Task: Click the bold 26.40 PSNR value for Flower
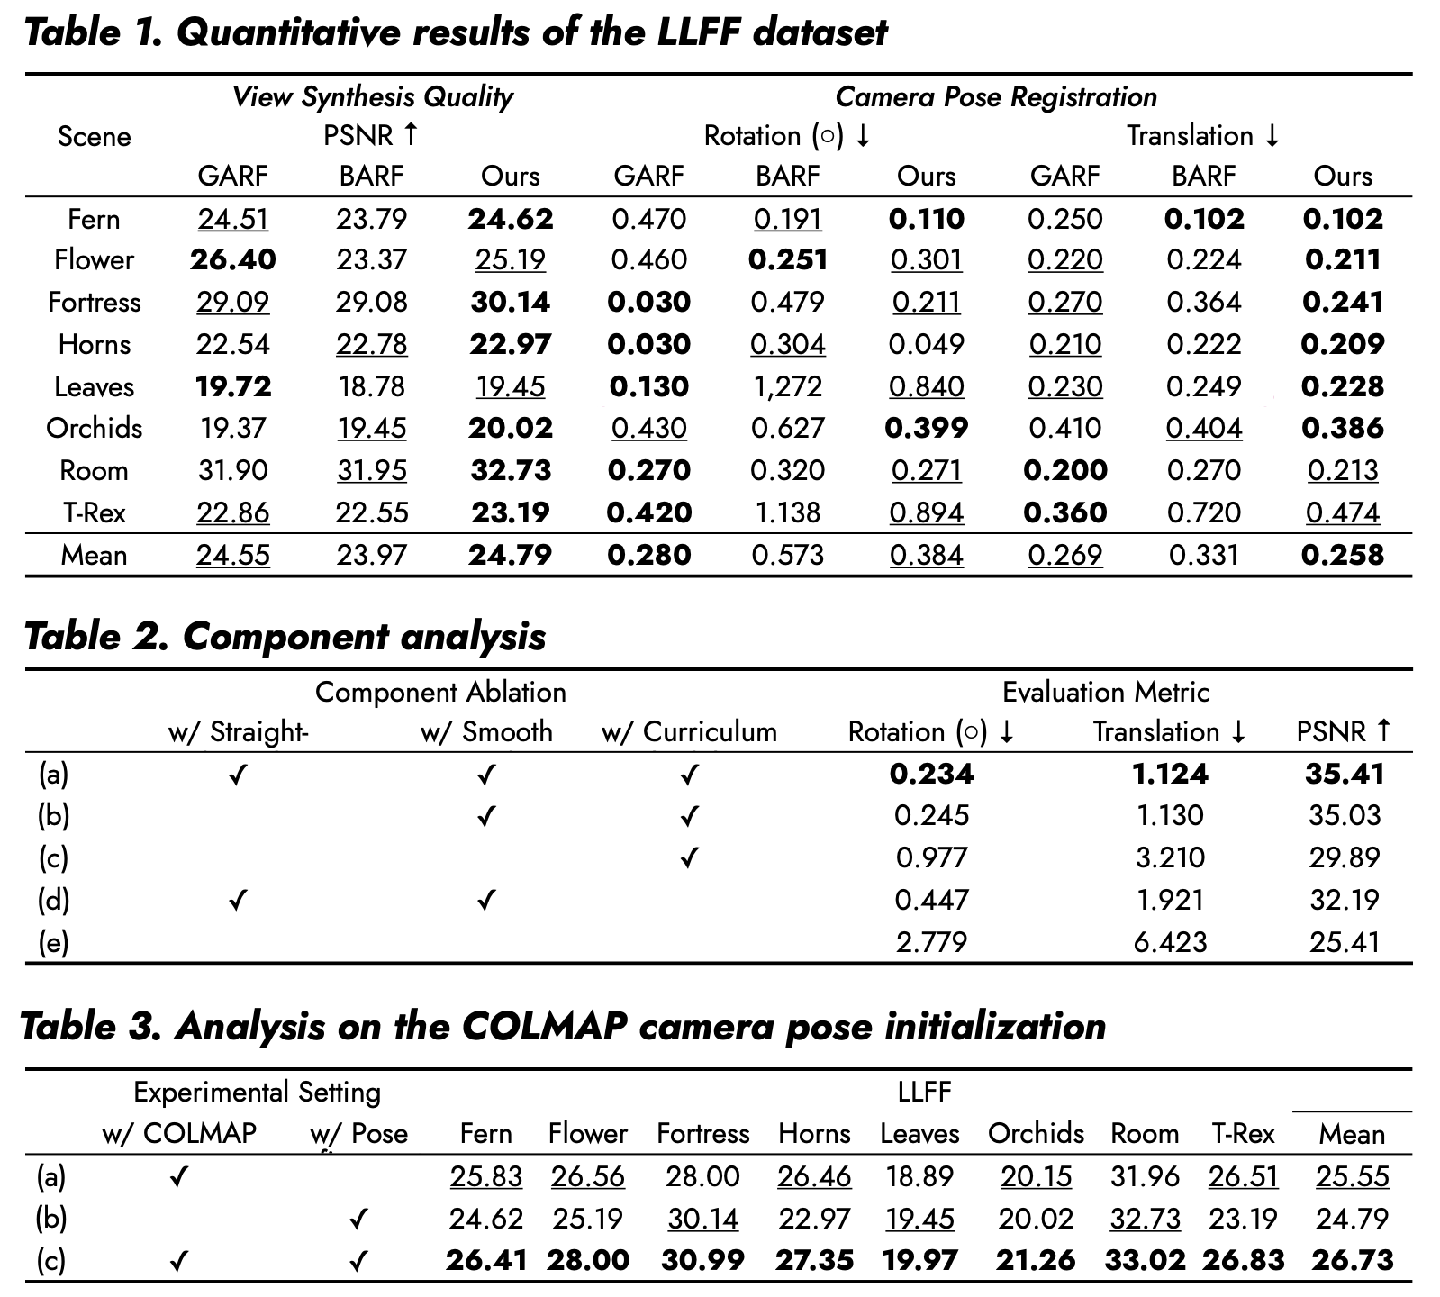[233, 260]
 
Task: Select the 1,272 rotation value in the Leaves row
[788, 387]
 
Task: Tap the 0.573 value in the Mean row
[788, 555]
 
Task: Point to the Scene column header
[95, 137]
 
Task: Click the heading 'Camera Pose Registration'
[996, 97]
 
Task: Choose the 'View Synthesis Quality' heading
[373, 97]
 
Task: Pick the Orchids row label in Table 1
[95, 428]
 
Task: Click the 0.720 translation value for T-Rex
[1204, 513]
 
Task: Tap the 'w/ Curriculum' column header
[689, 731]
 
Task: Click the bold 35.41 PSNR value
[1345, 774]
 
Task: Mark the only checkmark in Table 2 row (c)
[689, 857]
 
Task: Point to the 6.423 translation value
[1170, 942]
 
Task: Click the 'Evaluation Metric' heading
[1106, 692]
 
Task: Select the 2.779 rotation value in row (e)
[932, 942]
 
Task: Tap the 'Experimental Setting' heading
[258, 1093]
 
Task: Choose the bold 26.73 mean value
[1353, 1260]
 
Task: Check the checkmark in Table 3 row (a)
[179, 1176]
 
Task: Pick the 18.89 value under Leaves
[919, 1176]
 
